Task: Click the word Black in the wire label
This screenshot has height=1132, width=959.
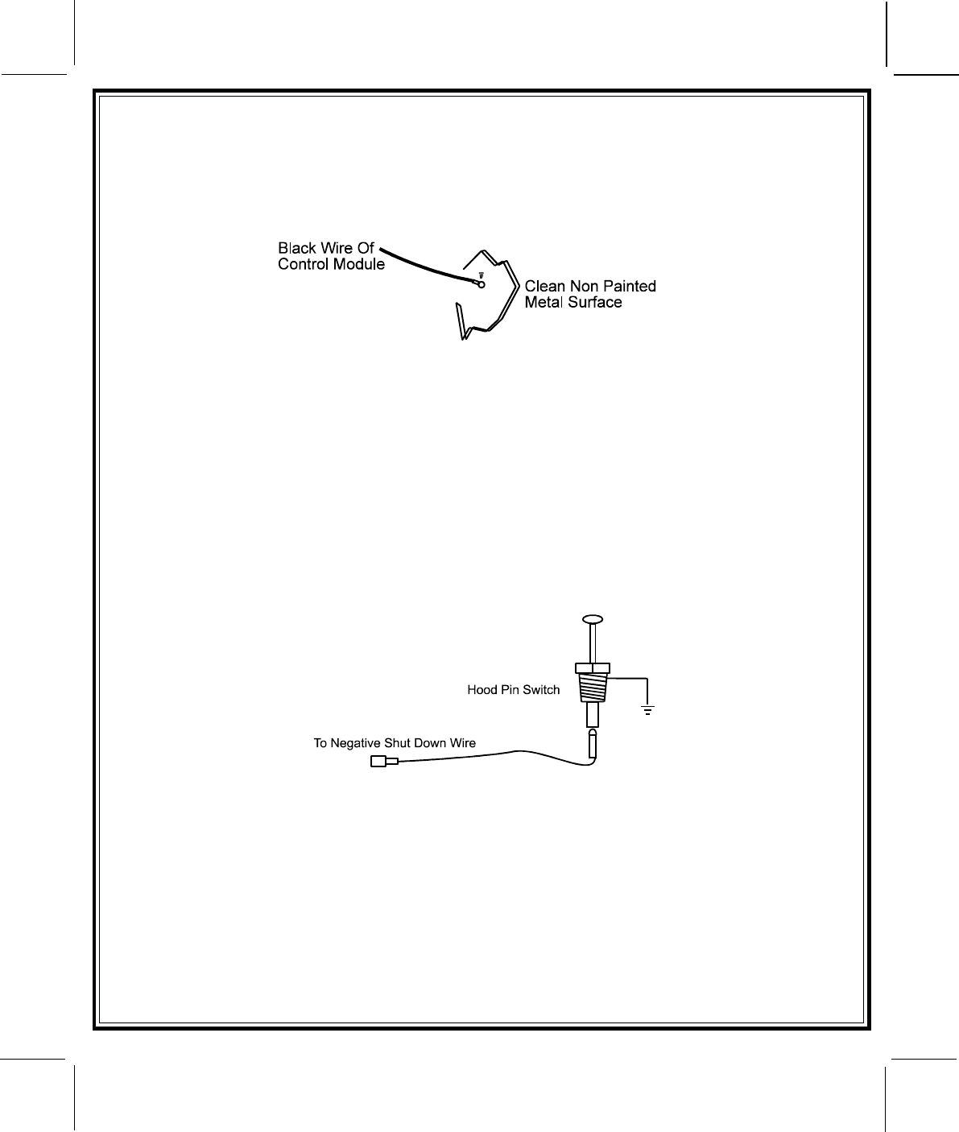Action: (296, 248)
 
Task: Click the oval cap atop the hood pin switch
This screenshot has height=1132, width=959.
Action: (593, 619)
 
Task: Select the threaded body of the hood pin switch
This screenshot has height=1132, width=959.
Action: (593, 688)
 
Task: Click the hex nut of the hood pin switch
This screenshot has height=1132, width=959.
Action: (593, 667)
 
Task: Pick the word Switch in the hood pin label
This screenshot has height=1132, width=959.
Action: (543, 690)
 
